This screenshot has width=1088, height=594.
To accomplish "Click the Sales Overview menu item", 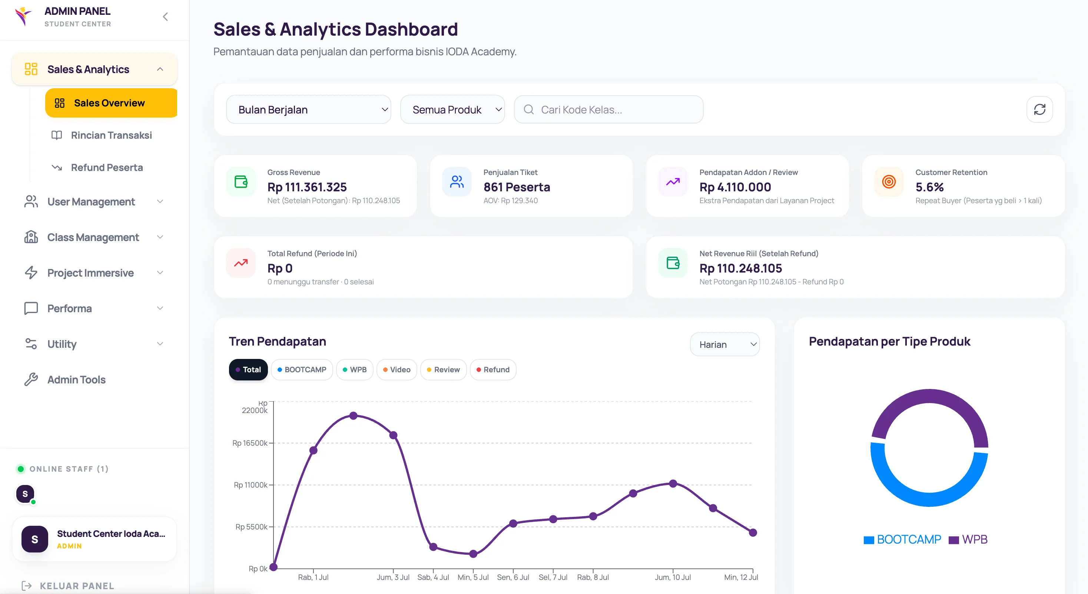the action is coord(111,103).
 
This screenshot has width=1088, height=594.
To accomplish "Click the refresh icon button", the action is coord(1039,109).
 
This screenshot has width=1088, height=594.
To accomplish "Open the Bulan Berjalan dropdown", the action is coord(308,109).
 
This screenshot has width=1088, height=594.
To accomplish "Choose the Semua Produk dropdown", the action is coord(452,109).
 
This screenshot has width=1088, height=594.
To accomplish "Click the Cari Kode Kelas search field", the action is coord(608,109).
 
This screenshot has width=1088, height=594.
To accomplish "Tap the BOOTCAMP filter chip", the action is coord(302,370).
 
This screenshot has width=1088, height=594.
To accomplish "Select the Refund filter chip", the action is coord(493,370).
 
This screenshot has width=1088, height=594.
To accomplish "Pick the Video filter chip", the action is coord(397,370).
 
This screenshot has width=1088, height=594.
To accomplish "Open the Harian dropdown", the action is coord(725,344).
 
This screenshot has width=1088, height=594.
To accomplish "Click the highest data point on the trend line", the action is coord(354,416).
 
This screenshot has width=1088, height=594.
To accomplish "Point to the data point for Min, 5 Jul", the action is coord(473,554).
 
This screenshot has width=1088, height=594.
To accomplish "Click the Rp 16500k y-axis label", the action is coord(250,443).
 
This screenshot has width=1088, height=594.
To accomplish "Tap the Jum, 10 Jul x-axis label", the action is coord(673,577).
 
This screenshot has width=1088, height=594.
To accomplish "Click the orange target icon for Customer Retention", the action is coord(889,182).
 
